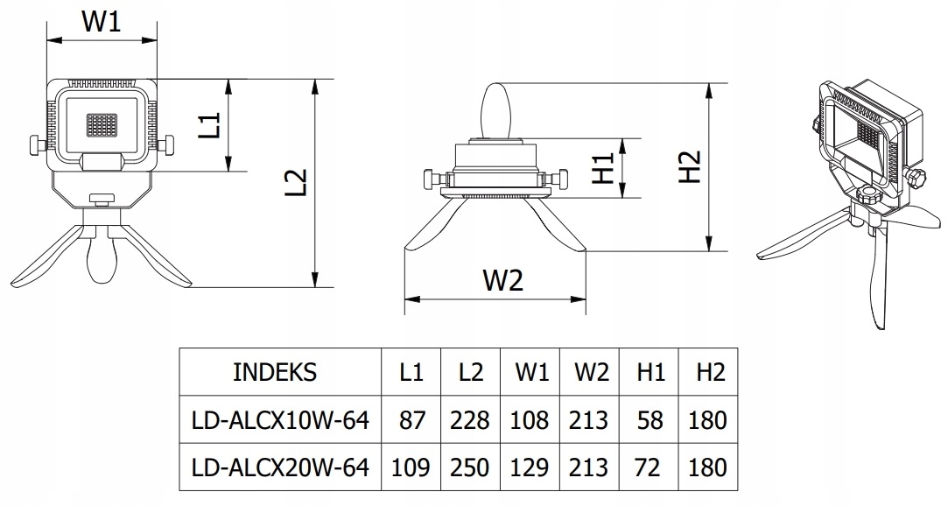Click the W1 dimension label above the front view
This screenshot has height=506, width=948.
tap(101, 22)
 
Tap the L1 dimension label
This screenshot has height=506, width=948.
tap(207, 125)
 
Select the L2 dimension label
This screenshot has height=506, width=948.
tap(297, 182)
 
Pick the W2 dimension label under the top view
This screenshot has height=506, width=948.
tap(502, 280)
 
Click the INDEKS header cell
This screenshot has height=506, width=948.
tap(275, 372)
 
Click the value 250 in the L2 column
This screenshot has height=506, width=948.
tap(470, 467)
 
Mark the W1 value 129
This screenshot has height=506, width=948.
tap(530, 467)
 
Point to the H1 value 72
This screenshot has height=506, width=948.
tap(648, 467)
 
